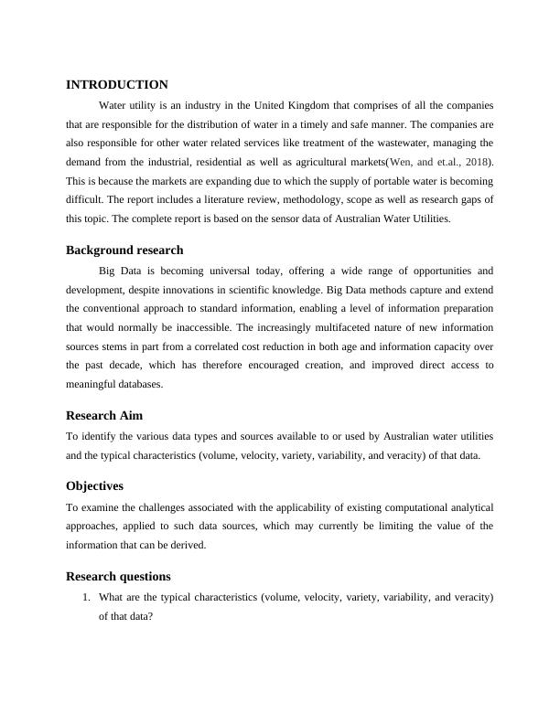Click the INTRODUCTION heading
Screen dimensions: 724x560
click(x=117, y=84)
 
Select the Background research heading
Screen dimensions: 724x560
click(x=124, y=250)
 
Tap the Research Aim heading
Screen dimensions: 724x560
click(x=104, y=415)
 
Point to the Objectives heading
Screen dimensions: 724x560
click(x=94, y=485)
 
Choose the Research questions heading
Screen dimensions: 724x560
click(x=118, y=577)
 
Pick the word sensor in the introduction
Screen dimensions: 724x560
click(x=280, y=218)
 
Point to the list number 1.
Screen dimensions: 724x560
click(x=85, y=598)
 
